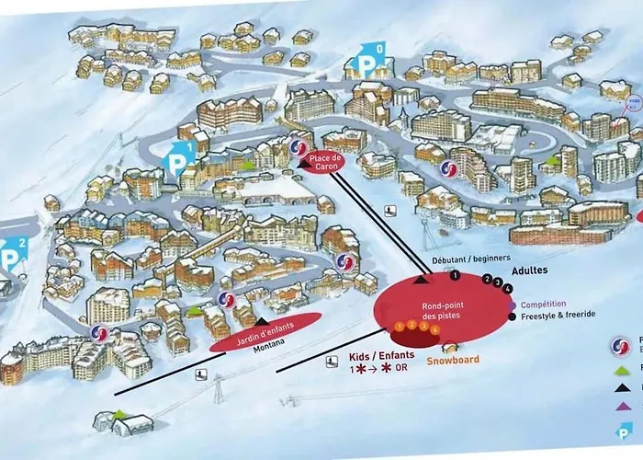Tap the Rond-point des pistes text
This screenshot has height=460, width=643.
[x=443, y=310]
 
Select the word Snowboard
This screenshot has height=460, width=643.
[x=452, y=361]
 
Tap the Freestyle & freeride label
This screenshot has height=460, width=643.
[x=558, y=315]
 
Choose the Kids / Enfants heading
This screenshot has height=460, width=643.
[x=383, y=355]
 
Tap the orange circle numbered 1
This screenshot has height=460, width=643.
[x=400, y=327]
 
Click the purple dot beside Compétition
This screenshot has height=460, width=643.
[x=511, y=305]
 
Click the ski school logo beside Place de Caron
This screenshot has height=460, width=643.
[x=296, y=149]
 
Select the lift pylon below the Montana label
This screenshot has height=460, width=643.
[x=218, y=385]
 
